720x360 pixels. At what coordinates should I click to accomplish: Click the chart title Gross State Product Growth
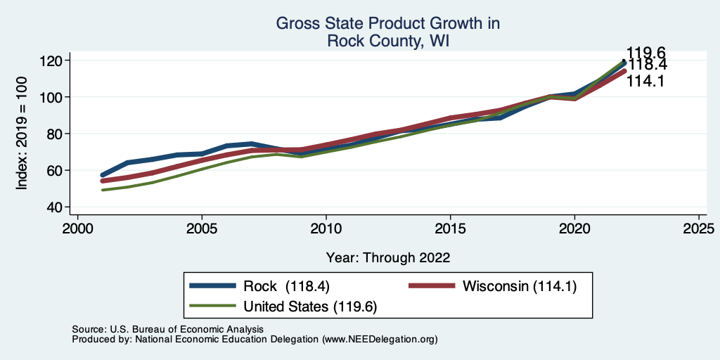pos(388,24)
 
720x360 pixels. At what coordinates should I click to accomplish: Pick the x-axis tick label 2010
pos(326,229)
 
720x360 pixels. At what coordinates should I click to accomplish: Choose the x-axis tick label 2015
pos(450,229)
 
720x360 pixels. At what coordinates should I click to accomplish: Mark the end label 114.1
pos(647,81)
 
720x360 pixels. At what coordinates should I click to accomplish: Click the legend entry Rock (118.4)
pos(287,286)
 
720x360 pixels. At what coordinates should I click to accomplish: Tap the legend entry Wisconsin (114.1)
pos(519,286)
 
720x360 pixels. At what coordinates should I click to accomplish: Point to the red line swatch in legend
pos(430,286)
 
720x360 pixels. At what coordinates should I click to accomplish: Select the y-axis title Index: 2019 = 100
pos(22,134)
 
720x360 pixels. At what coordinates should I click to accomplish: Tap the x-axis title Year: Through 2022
pos(388,257)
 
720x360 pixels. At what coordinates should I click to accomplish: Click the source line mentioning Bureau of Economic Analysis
pos(167,329)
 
